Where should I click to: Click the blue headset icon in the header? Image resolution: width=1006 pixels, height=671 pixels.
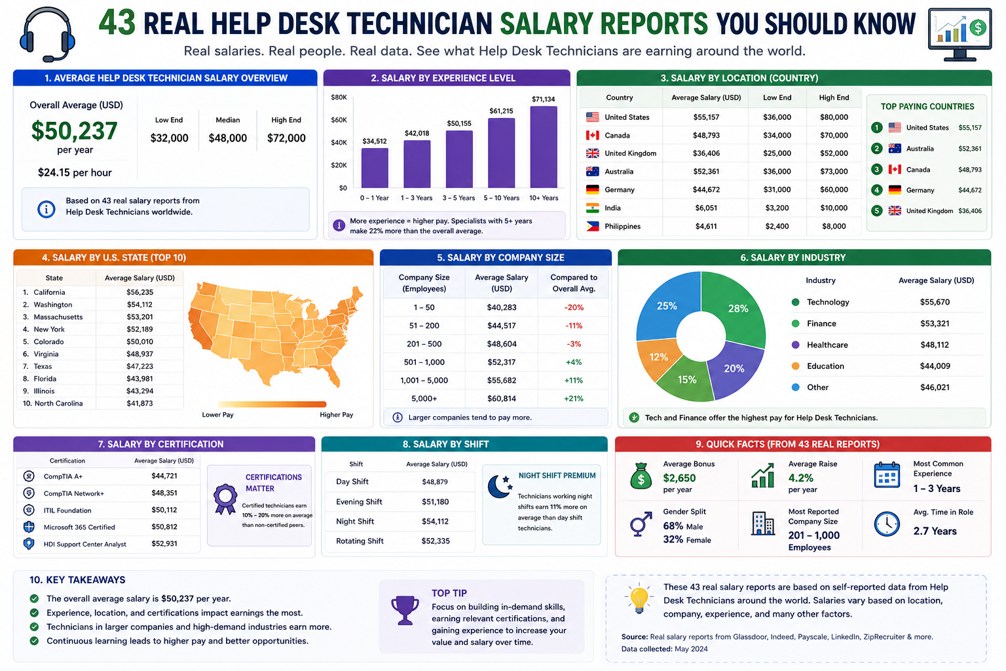[47, 34]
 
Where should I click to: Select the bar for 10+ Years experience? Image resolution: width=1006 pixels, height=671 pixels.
[544, 147]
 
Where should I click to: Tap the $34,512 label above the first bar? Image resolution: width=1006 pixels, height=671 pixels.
[375, 141]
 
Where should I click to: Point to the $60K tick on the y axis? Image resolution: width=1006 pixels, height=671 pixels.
[339, 120]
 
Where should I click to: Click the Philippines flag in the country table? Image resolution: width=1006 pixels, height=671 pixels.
[592, 226]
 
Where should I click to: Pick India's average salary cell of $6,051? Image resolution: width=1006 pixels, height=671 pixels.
[706, 208]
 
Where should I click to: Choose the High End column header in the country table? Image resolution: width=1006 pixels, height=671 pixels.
[834, 98]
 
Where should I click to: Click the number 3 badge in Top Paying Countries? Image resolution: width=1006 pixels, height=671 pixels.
[877, 170]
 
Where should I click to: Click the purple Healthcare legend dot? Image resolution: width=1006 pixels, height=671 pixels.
[795, 345]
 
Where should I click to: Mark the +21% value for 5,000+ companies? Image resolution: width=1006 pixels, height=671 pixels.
[574, 398]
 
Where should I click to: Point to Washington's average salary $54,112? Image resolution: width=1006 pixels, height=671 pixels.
[140, 305]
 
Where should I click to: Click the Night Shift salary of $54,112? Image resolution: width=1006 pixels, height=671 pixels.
[435, 522]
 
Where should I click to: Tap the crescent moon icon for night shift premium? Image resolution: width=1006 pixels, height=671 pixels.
[500, 486]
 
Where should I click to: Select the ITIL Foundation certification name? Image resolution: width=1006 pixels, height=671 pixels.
[67, 510]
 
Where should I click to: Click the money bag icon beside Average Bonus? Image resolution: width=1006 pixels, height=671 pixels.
[641, 476]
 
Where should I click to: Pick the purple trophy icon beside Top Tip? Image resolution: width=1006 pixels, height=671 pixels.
[405, 610]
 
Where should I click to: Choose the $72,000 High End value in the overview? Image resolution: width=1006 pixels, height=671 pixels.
[286, 138]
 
